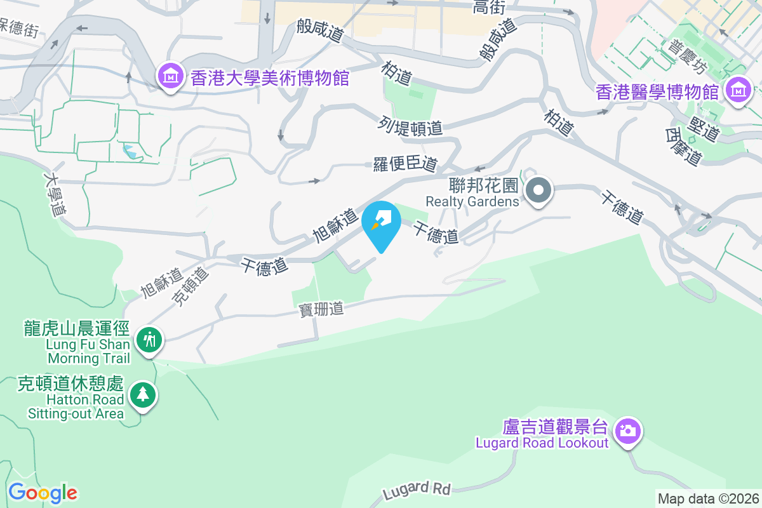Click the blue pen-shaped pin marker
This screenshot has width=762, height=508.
pos(381,222)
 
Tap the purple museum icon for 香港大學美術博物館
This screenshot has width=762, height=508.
pos(170,77)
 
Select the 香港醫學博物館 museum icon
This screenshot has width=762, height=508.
pos(737,90)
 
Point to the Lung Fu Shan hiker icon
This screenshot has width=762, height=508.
pos(149,340)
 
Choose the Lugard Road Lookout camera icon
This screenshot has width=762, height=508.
pos(627,431)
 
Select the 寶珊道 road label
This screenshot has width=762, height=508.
pos(321,309)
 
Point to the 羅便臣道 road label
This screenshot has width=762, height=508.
pos(405,164)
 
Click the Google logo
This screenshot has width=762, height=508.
pos(43,493)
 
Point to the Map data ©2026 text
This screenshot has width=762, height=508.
pos(708,499)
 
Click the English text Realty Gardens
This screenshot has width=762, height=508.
pos(472,201)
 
